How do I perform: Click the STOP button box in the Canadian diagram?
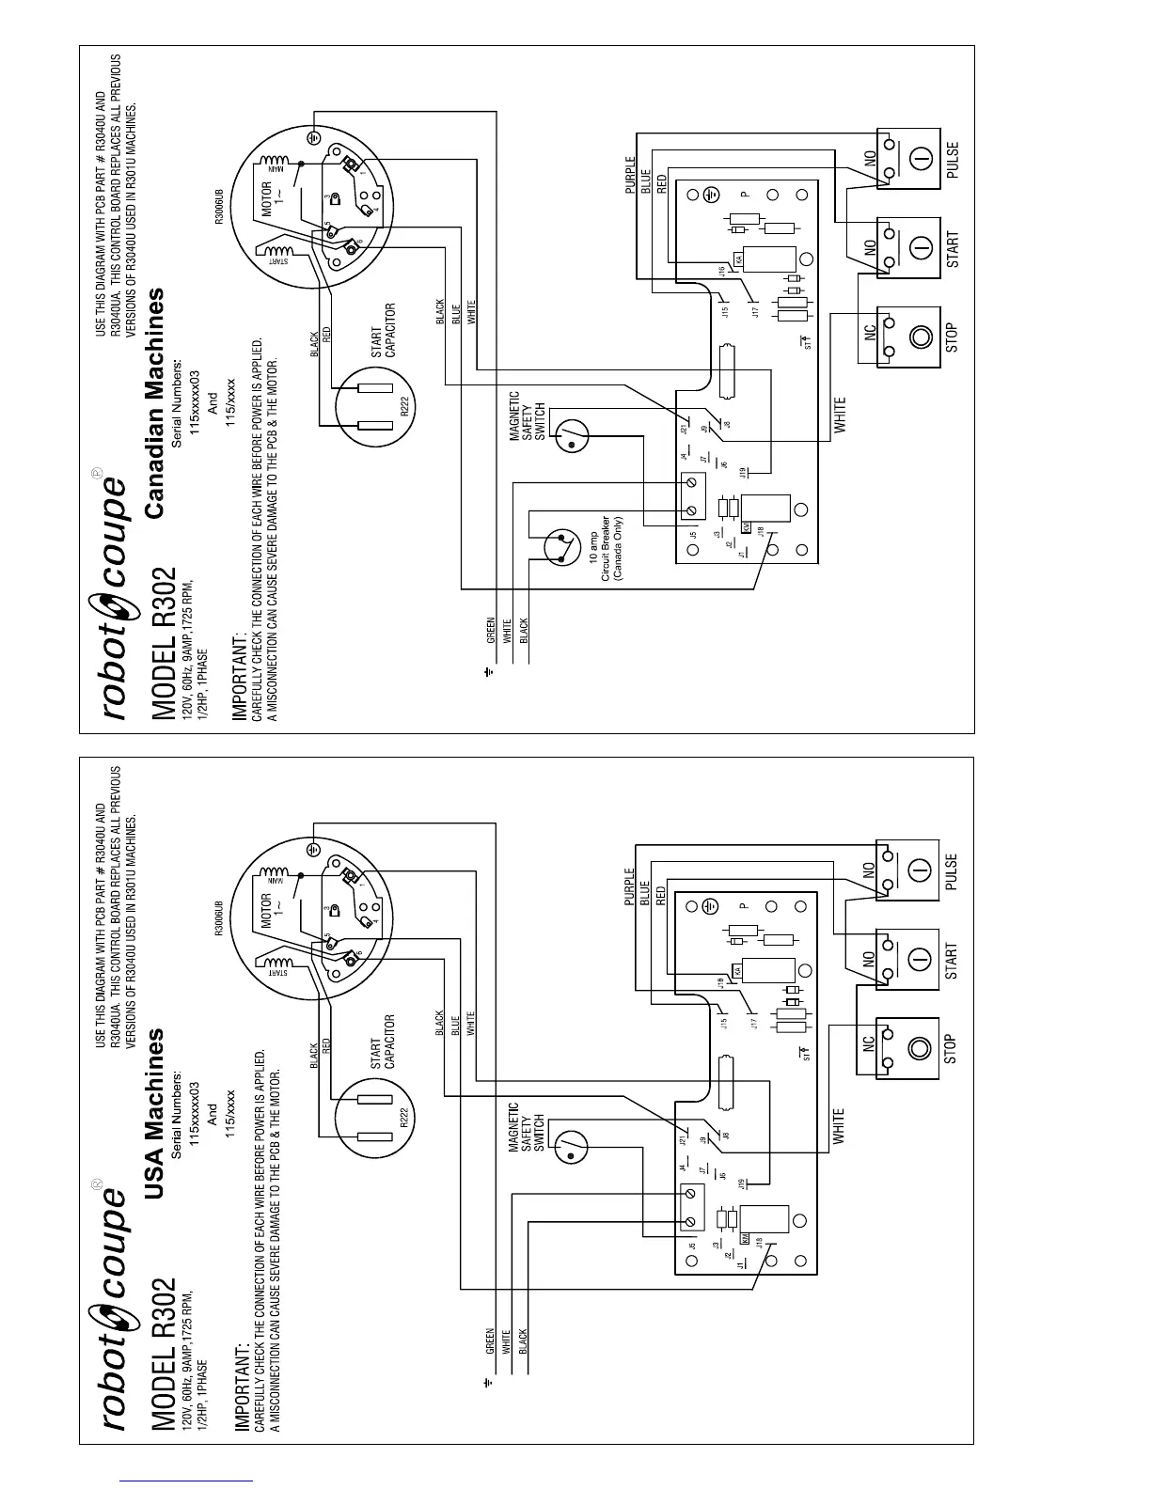click(x=908, y=337)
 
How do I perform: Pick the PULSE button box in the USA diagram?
click(x=908, y=870)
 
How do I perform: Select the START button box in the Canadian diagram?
click(x=908, y=248)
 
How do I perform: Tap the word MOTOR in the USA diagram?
click(x=266, y=910)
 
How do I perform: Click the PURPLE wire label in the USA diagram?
click(x=630, y=887)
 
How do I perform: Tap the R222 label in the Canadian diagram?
click(x=404, y=406)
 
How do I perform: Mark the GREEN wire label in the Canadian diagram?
click(x=490, y=630)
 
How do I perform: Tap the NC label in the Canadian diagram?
click(x=870, y=332)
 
